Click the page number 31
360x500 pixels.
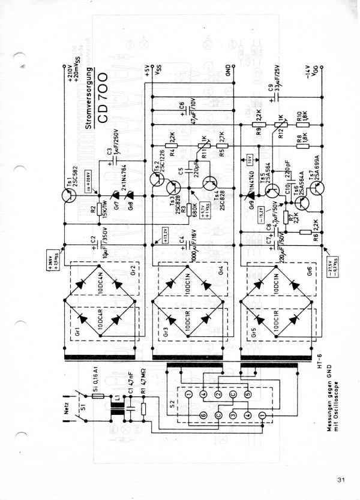pos(342,480)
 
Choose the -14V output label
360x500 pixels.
pos(308,72)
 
